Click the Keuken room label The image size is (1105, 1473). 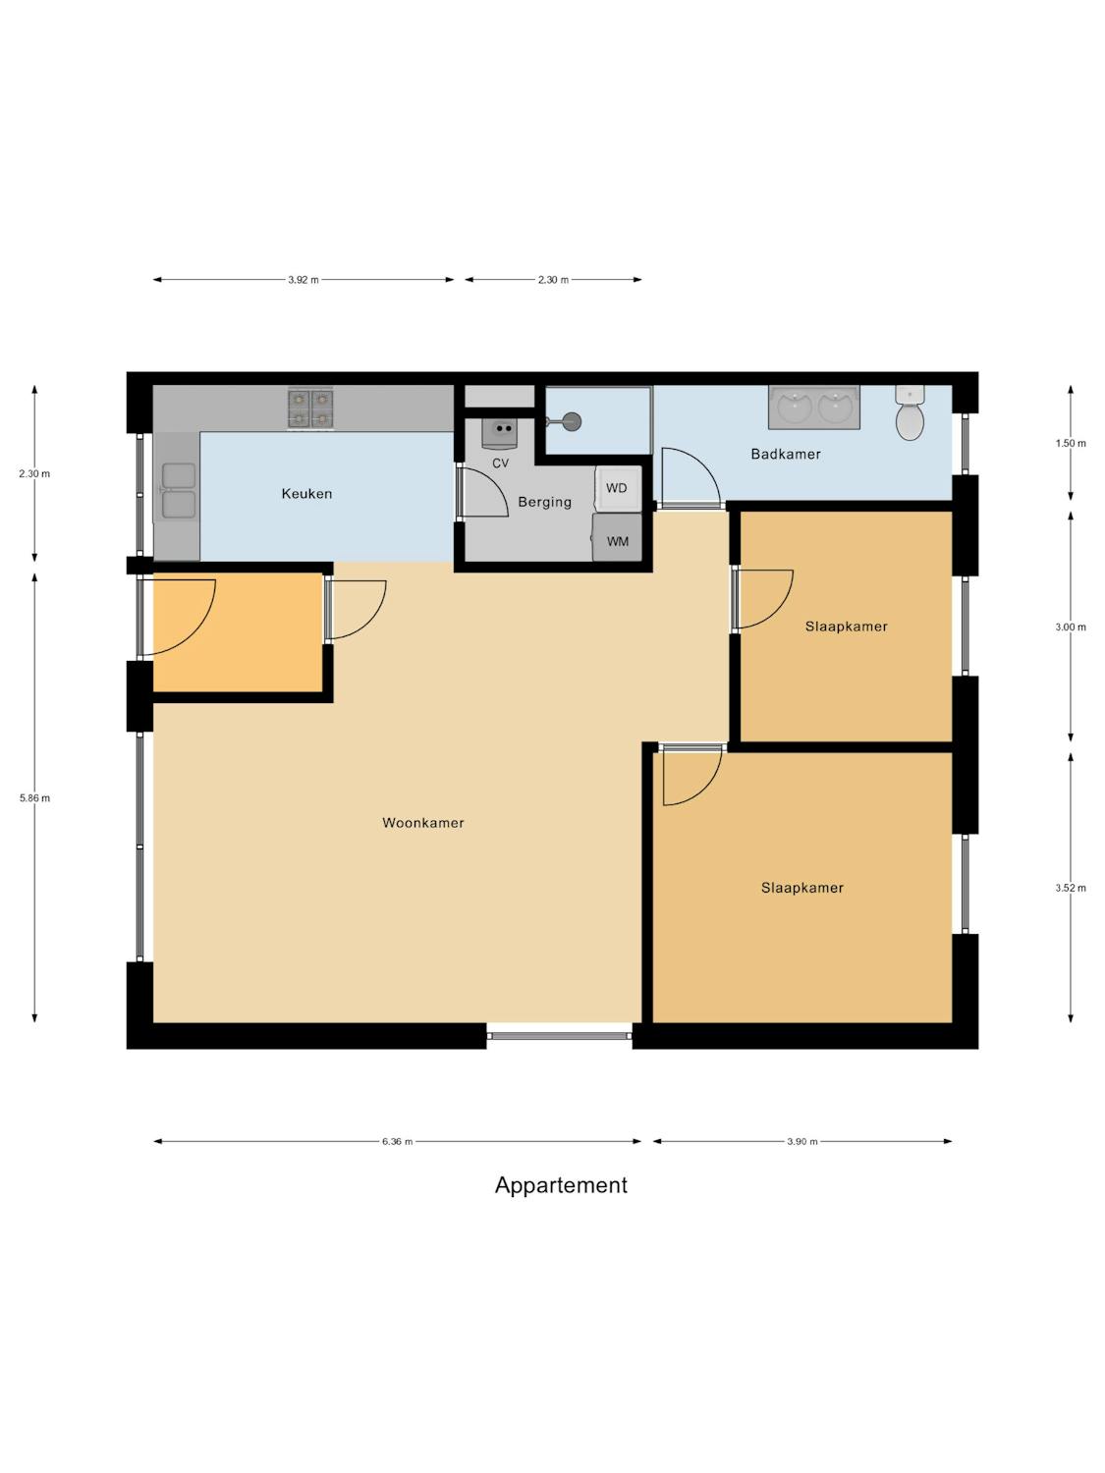[x=306, y=493]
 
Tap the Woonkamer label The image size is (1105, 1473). [x=422, y=823]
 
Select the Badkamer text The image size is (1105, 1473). [x=786, y=454]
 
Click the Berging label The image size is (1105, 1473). [x=544, y=502]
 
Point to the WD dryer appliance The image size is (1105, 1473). [x=618, y=488]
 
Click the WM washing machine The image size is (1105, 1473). [x=617, y=537]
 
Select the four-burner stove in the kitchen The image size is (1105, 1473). [x=310, y=409]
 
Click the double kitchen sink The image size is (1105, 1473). [x=178, y=491]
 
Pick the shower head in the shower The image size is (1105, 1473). [x=571, y=421]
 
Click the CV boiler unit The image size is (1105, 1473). [x=500, y=433]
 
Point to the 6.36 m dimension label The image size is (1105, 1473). [x=397, y=1141]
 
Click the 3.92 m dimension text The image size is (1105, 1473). [x=304, y=280]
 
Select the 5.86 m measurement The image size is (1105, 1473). [x=35, y=798]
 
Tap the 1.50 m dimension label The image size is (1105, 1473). [x=1070, y=443]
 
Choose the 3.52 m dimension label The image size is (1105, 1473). [x=1070, y=888]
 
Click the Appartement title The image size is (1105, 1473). [x=561, y=1186]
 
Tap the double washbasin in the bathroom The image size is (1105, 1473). [x=814, y=407]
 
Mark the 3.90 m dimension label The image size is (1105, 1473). [x=802, y=1141]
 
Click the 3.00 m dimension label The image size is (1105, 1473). [x=1070, y=627]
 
